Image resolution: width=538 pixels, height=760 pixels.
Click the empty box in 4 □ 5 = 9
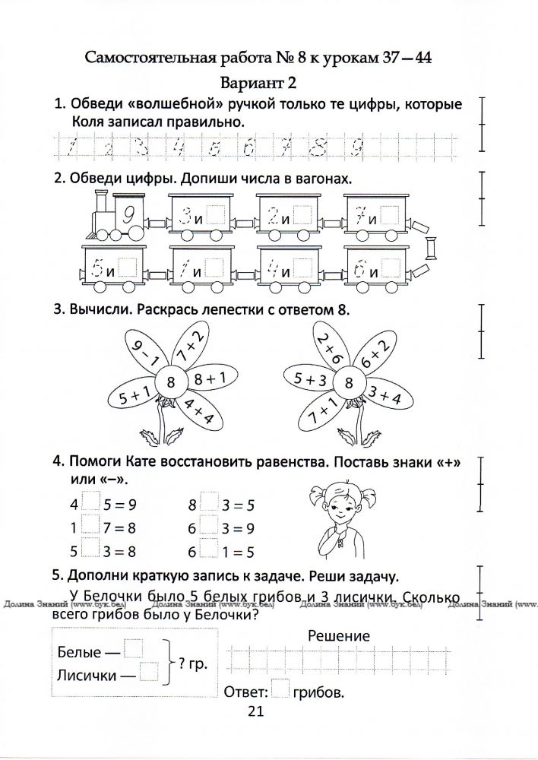coord(90,502)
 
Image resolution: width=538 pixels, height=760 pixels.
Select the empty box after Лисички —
coord(150,672)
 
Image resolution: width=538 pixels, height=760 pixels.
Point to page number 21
coord(255,711)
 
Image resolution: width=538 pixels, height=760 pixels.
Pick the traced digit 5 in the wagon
coord(97,268)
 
